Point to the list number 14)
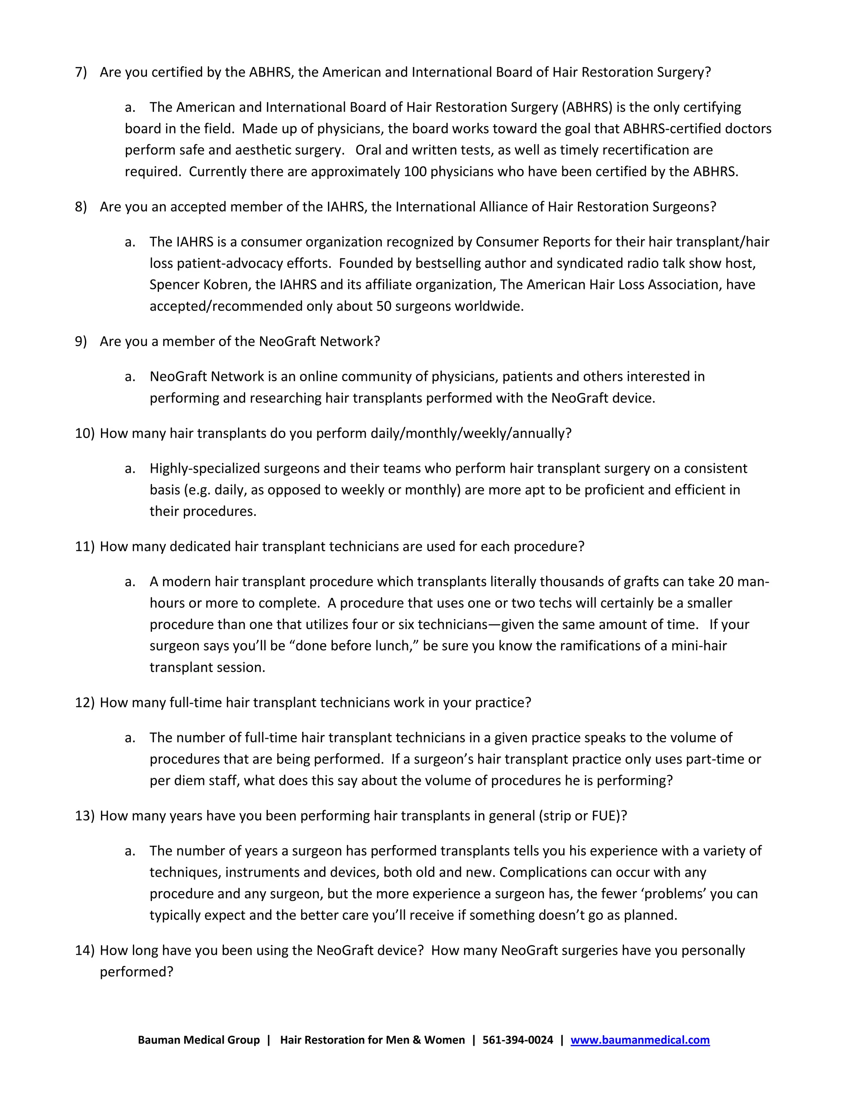coord(84,950)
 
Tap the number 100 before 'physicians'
coord(415,172)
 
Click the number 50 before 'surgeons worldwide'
coord(383,306)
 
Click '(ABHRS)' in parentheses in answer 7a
coord(587,108)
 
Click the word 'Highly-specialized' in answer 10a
coord(205,469)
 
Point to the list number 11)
coord(84,546)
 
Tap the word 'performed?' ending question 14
coord(136,972)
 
